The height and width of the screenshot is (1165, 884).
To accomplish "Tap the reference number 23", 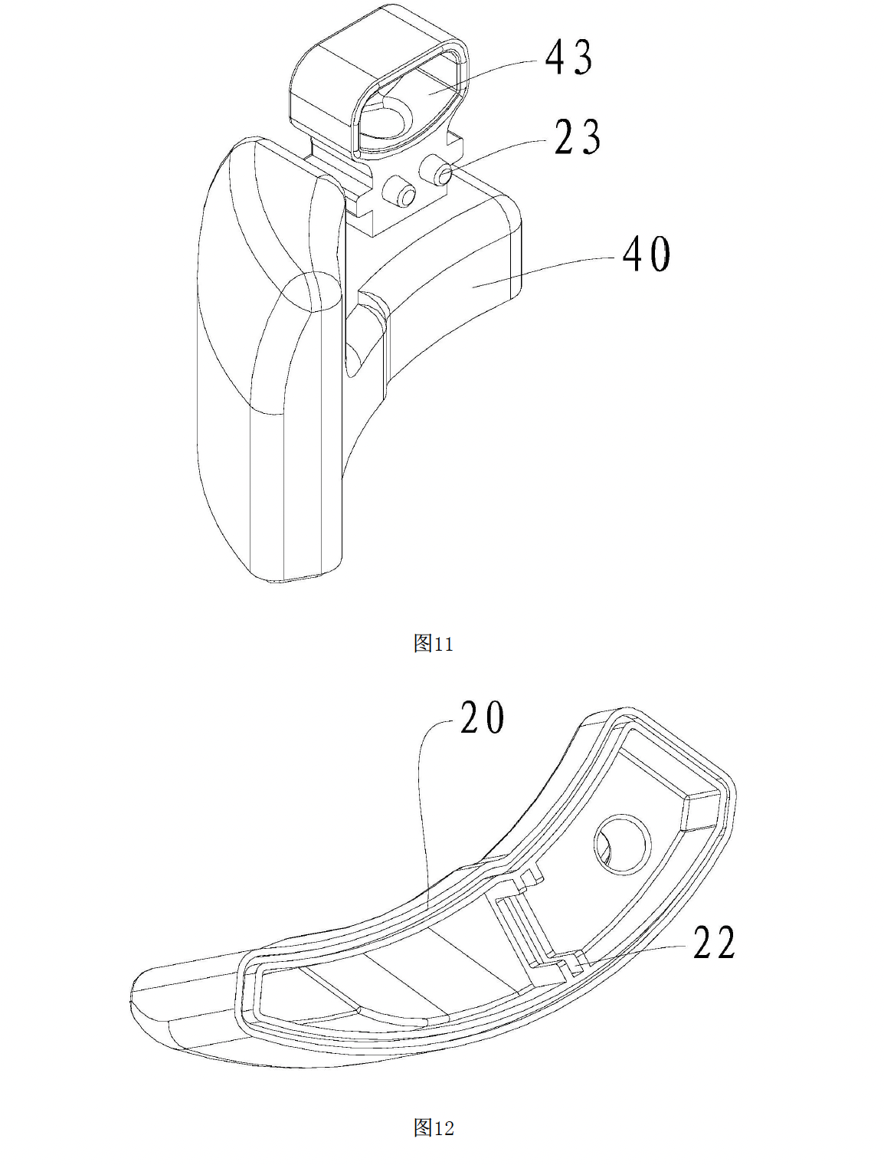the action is click(x=578, y=137).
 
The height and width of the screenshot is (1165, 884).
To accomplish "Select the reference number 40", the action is click(x=647, y=254).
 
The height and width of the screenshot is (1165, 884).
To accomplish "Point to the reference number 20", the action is click(x=482, y=717).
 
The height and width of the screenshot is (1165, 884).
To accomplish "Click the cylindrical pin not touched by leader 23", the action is click(x=400, y=191).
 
